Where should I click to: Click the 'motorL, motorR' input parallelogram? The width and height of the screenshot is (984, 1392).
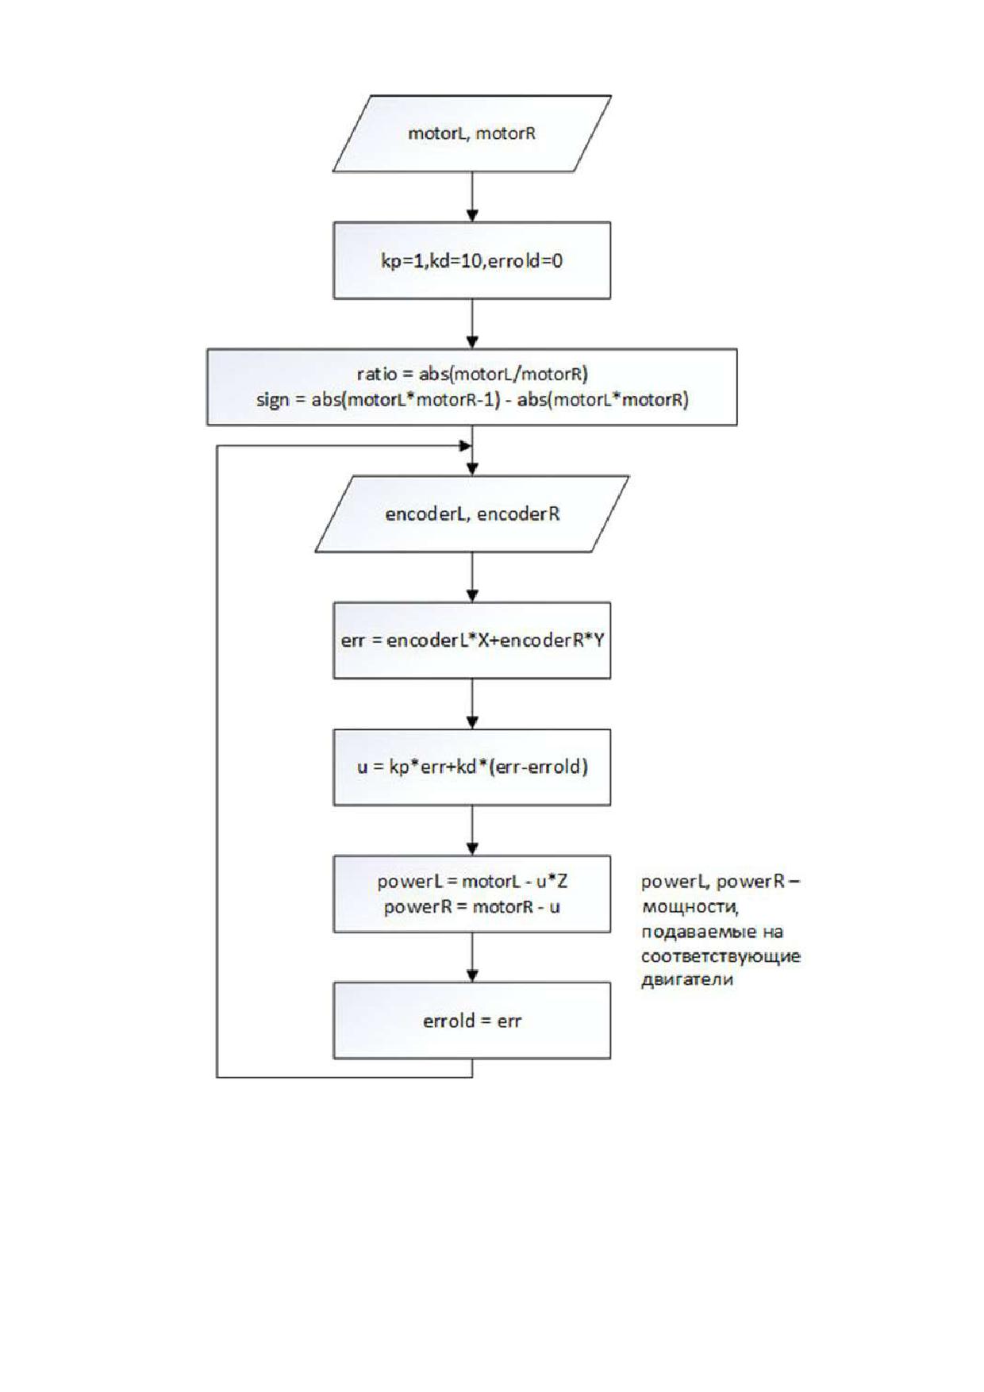[472, 133]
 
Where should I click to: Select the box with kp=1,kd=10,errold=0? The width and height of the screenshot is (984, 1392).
[472, 260]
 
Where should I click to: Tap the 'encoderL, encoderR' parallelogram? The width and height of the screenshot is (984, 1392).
[472, 513]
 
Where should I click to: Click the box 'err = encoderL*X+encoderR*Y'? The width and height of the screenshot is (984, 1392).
[472, 640]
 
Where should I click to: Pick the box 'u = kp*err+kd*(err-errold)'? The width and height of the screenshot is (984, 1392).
[472, 767]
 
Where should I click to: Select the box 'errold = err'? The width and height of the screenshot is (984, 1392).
[472, 1021]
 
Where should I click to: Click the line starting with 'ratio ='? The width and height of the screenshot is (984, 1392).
[472, 374]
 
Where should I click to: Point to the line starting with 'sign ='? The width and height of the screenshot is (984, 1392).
[472, 399]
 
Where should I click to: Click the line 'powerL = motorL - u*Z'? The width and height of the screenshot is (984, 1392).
[472, 881]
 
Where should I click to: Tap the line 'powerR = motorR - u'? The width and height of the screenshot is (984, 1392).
[472, 906]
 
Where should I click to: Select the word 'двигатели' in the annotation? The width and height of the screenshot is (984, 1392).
[687, 980]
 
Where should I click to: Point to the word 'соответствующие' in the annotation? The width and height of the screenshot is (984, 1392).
[721, 956]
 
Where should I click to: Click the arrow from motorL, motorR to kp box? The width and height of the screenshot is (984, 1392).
[472, 197]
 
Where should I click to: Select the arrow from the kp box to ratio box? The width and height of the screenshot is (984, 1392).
[472, 324]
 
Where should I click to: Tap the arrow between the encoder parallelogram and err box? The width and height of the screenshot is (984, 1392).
[472, 577]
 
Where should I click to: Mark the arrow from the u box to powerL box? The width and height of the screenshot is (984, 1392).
[472, 831]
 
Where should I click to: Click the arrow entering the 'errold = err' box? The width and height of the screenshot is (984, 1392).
[472, 957]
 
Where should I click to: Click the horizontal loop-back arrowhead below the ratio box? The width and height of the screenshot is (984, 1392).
[466, 446]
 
